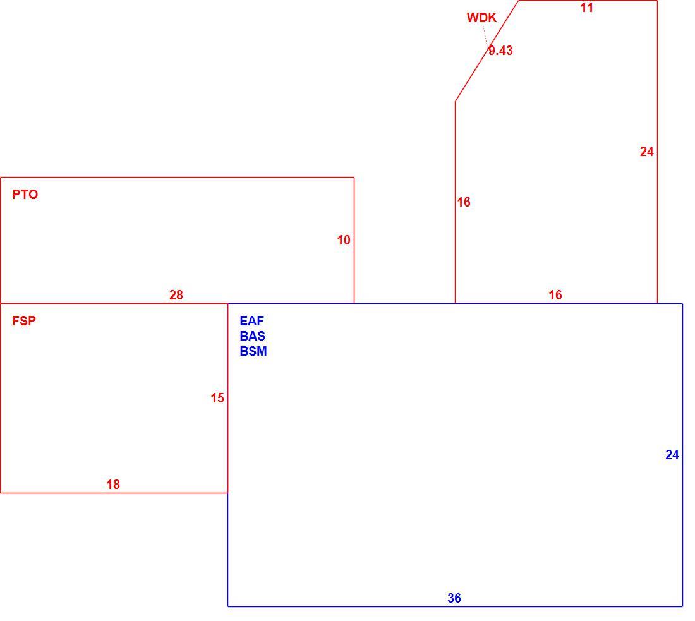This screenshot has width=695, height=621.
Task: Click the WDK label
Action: point(481,18)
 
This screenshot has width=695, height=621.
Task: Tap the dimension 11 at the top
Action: point(586,8)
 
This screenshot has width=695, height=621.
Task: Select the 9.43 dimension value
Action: point(500,51)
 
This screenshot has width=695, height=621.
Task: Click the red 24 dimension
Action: point(647,152)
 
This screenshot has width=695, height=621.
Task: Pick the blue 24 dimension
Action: point(672,455)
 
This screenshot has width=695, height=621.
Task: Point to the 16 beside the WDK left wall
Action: point(464,202)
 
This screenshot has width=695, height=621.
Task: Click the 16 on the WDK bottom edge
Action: point(555,295)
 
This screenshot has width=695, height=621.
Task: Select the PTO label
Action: point(25,195)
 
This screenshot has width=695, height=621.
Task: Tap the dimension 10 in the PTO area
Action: point(344,240)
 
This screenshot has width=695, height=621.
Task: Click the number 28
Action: point(176,295)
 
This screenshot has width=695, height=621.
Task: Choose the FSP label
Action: point(24,321)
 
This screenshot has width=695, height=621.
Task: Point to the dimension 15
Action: point(217,398)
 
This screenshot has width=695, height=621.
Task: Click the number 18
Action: point(113,485)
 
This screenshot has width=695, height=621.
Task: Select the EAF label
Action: point(251,321)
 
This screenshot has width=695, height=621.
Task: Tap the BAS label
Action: point(252,336)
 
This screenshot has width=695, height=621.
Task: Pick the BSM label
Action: point(253,351)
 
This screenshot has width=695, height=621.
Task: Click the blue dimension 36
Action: point(454,598)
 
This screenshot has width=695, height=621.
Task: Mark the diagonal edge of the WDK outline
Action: point(486,51)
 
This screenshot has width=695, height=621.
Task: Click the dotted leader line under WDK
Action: point(485,35)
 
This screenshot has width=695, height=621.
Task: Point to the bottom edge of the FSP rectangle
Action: point(114,493)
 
